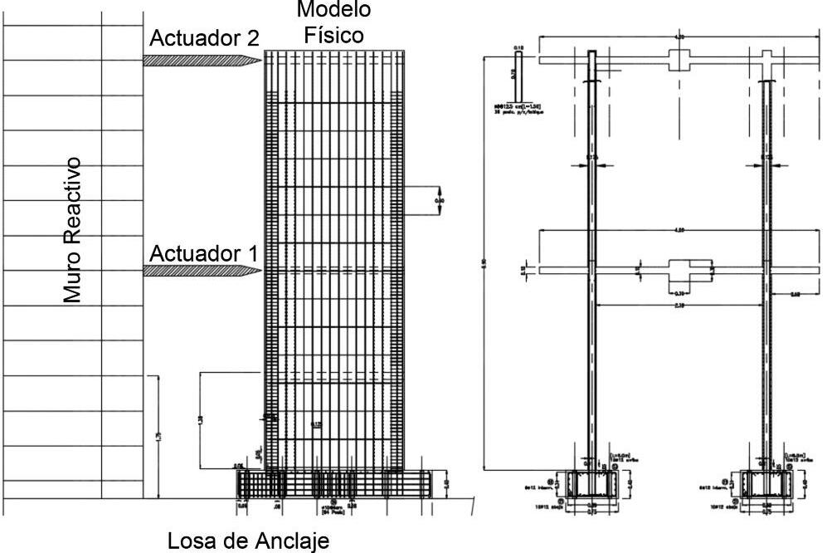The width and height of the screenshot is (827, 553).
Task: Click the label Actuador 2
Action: coord(204,38)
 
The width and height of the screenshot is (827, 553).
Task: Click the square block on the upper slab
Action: coord(679,60)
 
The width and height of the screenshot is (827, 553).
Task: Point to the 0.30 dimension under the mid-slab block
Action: coord(680,293)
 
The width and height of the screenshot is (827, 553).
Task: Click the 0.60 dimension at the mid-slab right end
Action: coord(795,293)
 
